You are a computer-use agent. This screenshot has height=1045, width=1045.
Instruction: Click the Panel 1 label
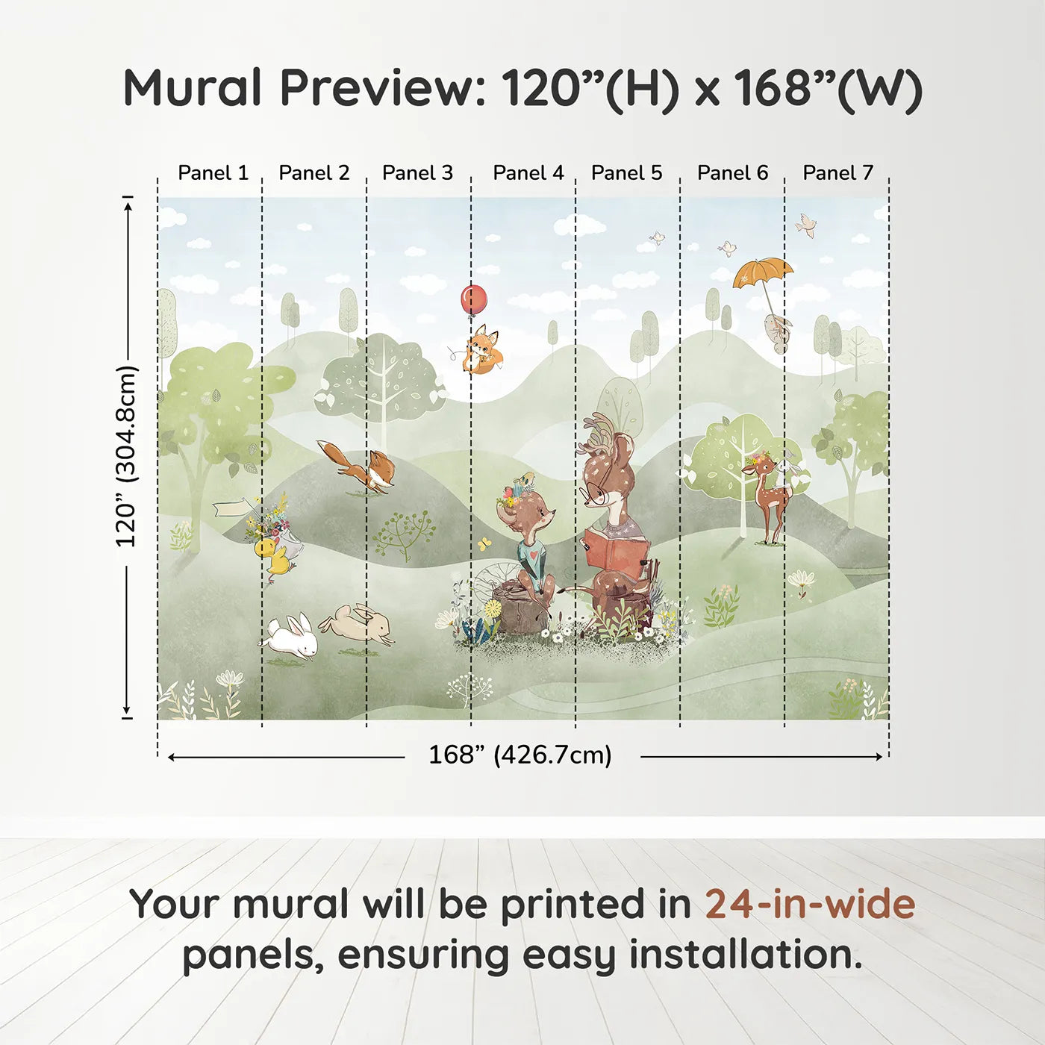213,172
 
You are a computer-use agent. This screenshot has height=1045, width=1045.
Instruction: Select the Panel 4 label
528,172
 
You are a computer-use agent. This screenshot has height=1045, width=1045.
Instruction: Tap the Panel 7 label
837,172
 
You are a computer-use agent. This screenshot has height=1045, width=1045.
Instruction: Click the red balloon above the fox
473,299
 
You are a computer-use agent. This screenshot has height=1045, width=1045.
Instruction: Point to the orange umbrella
762,272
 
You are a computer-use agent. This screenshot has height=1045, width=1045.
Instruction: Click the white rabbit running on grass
290,637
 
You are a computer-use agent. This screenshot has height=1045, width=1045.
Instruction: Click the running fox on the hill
361,467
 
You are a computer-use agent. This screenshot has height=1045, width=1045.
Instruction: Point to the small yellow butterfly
484,543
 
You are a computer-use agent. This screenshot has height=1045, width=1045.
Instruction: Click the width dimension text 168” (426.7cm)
520,755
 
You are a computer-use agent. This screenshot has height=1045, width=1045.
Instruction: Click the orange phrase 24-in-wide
810,904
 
